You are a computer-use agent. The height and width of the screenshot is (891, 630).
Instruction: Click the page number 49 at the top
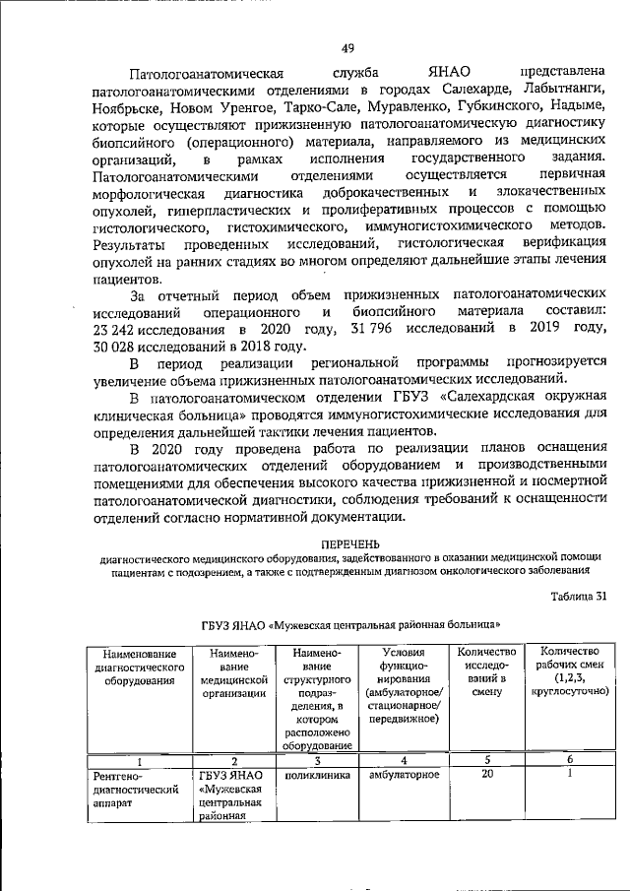347,49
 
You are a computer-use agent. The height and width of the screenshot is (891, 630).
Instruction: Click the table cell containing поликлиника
312,775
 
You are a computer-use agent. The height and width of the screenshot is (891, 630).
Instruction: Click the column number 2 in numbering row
233,761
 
